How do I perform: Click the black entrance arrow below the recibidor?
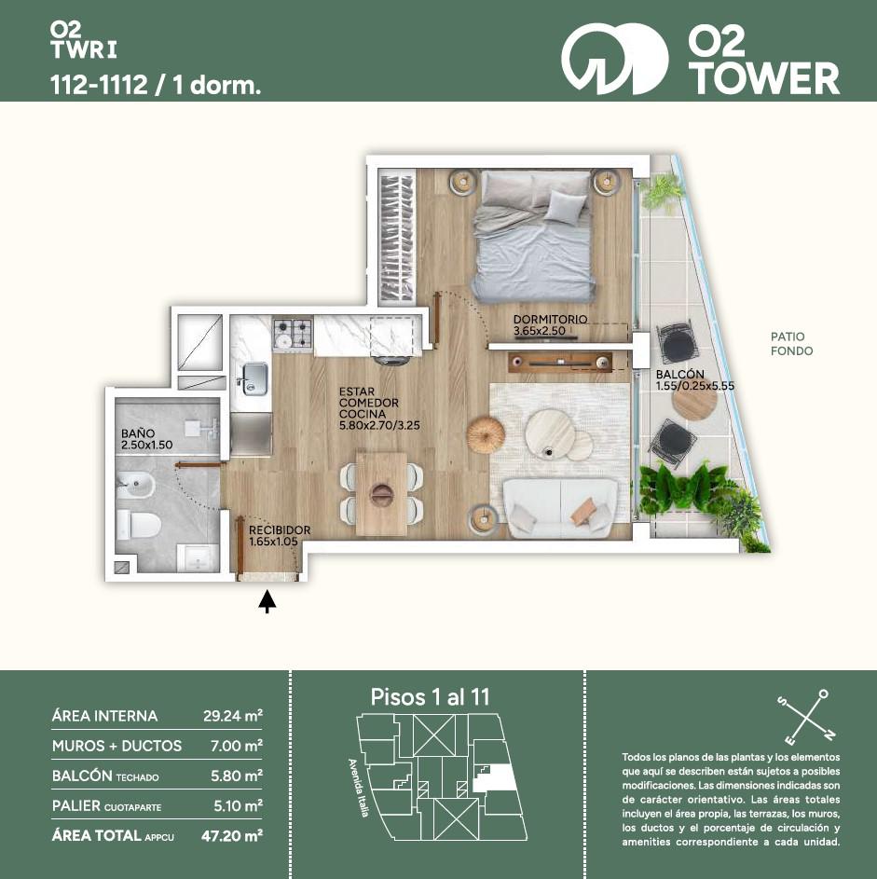[267, 601]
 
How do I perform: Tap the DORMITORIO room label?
[550, 319]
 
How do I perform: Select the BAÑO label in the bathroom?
[138, 433]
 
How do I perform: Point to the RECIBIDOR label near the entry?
[280, 529]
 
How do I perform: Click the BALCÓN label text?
[679, 374]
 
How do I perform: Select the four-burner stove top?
[293, 334]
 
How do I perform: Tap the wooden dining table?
[381, 493]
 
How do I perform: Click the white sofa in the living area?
[560, 506]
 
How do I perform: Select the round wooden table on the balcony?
[695, 399]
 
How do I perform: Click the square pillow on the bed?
[567, 208]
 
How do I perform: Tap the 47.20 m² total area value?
[232, 836]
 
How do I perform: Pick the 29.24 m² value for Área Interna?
[233, 716]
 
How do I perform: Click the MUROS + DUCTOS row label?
[116, 746]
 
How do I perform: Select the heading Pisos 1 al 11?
[431, 697]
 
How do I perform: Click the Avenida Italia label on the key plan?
[357, 788]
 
